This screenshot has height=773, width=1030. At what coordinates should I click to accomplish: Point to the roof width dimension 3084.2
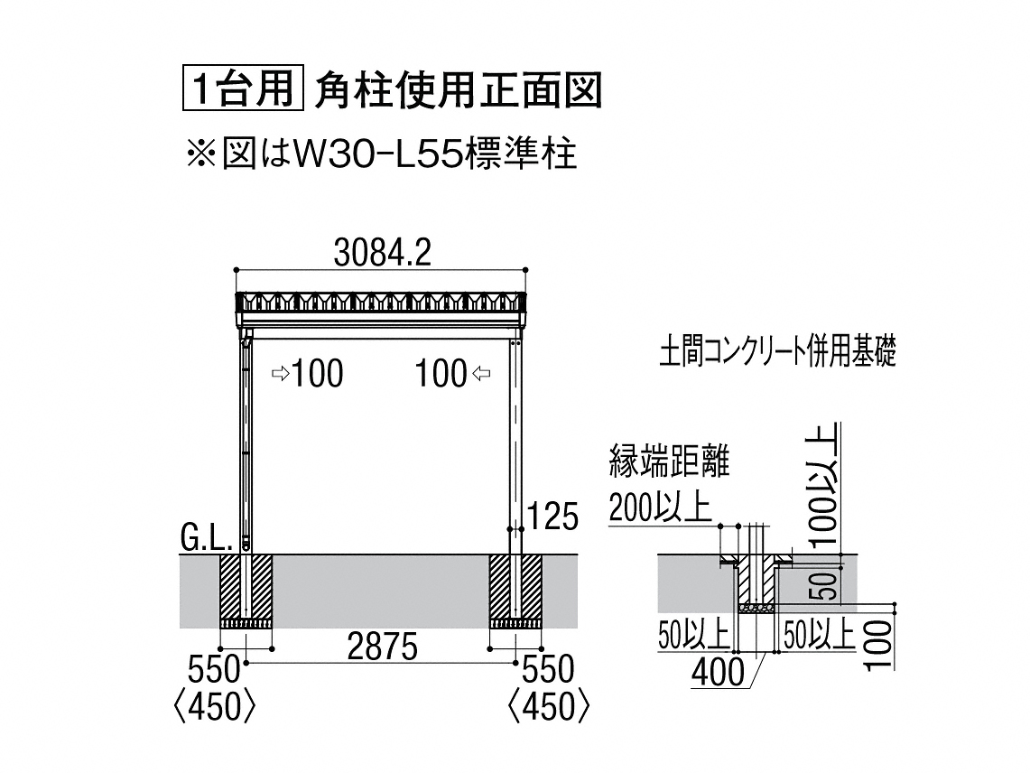383,253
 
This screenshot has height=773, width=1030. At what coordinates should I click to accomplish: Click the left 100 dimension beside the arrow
317,374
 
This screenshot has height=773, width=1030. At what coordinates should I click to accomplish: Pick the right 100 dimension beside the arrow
441,374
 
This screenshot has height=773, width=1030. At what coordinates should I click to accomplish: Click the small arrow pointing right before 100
281,374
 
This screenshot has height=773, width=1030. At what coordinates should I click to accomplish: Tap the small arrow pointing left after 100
481,374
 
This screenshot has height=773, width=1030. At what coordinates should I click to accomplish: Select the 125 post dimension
553,516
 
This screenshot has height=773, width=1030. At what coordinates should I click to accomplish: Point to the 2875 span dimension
383,647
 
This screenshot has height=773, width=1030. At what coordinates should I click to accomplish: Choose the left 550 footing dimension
213,670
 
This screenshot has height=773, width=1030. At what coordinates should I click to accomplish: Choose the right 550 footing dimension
548,670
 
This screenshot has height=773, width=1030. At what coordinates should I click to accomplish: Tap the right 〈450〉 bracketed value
549,707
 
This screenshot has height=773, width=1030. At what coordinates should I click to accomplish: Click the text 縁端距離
670,461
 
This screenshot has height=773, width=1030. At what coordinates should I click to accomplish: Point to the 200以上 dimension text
660,507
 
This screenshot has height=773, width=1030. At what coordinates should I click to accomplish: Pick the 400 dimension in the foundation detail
719,672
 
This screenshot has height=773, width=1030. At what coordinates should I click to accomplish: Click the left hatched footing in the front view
246,591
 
